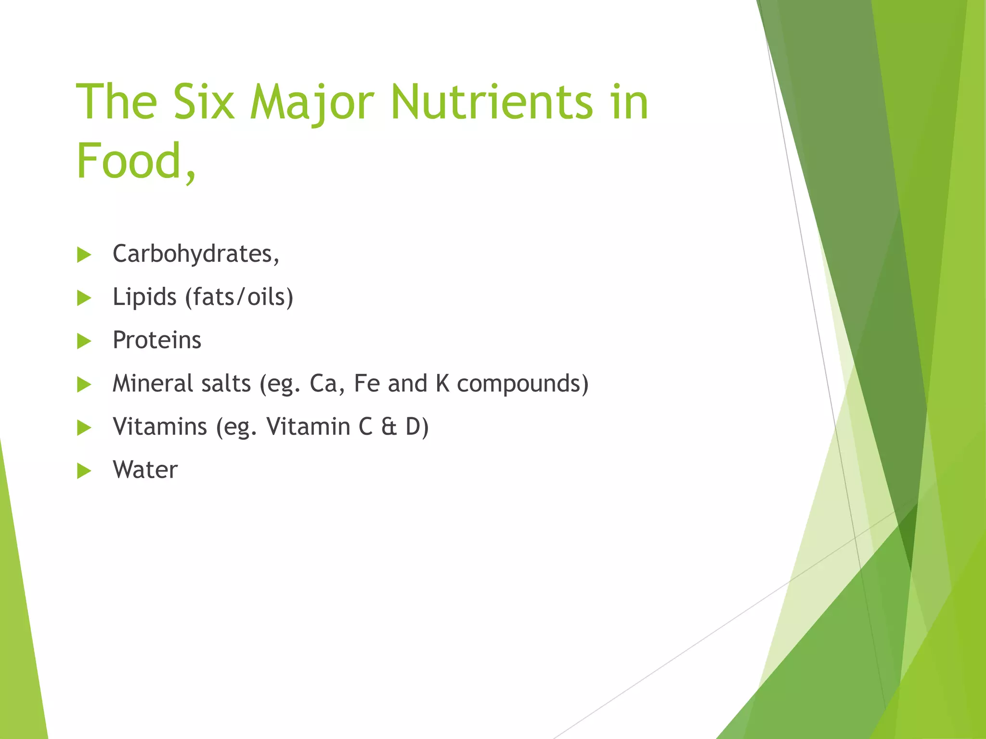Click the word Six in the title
[204, 102]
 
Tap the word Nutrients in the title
[492, 102]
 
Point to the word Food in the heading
[129, 161]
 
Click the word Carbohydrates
[195, 254]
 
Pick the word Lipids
[144, 297]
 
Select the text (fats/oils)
[239, 297]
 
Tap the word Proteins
[157, 340]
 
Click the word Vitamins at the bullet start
[160, 427]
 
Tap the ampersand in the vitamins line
[389, 427]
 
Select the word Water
[145, 470]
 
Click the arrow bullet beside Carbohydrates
[84, 255]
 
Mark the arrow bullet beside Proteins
[84, 341]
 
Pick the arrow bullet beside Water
[84, 471]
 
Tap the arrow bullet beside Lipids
[84, 298]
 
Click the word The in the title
[117, 102]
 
